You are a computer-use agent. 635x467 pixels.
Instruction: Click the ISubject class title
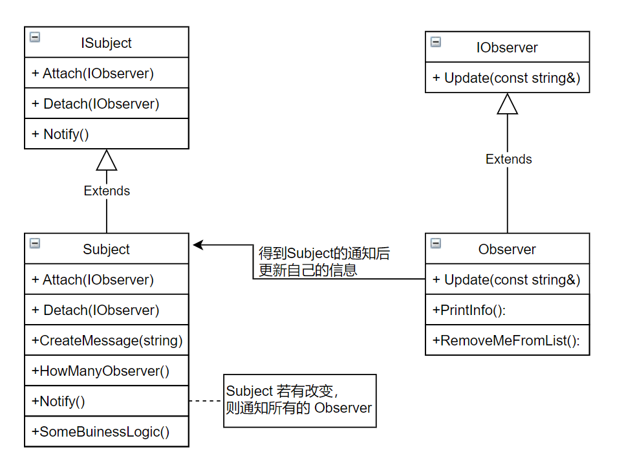click(106, 43)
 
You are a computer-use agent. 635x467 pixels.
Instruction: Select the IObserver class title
click(507, 47)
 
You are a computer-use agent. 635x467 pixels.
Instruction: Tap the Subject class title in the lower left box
click(106, 250)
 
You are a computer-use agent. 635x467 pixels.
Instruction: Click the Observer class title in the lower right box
click(507, 250)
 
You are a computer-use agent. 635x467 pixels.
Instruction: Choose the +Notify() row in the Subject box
click(58, 401)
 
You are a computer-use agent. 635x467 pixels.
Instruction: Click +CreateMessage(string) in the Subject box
click(107, 340)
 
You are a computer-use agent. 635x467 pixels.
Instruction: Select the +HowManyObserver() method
click(100, 371)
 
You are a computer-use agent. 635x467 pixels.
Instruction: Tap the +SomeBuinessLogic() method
click(100, 431)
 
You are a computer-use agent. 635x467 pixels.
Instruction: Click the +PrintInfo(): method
click(469, 310)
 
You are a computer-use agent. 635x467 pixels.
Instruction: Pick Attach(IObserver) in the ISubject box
click(93, 73)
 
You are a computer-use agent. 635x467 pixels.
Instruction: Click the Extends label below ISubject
click(107, 191)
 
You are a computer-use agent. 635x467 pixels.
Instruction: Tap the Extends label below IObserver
click(508, 159)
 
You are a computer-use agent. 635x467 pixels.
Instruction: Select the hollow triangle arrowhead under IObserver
click(508, 104)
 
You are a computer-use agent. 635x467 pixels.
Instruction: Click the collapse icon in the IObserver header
click(436, 42)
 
